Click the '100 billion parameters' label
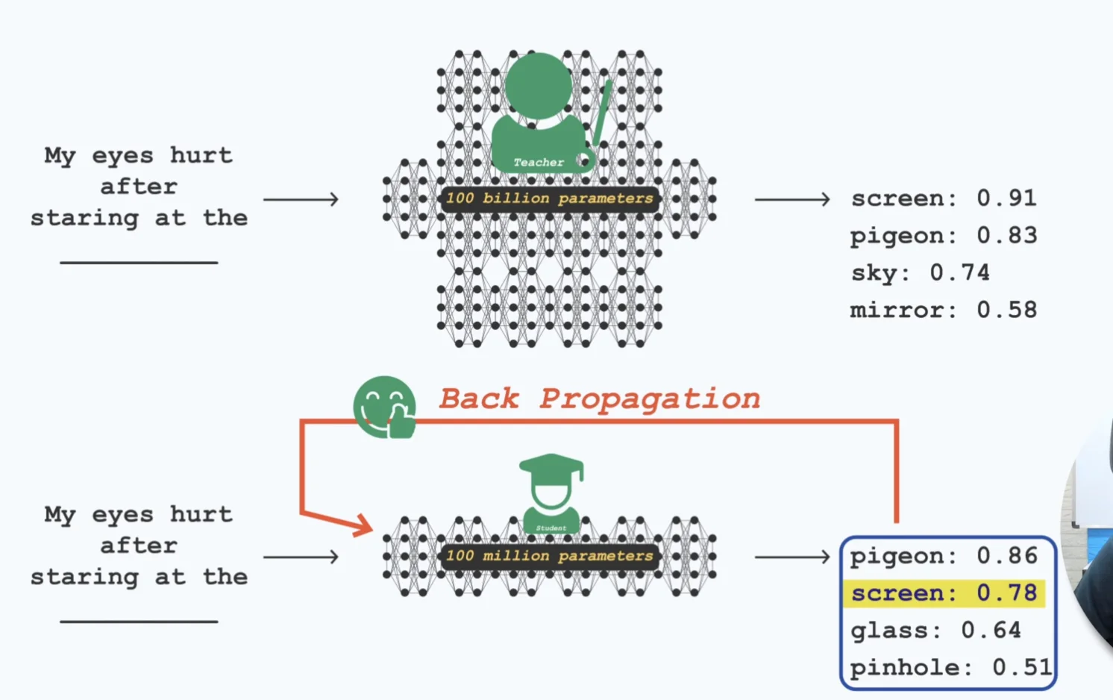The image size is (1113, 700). (550, 199)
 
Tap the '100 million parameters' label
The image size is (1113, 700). (550, 556)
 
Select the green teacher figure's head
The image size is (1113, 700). (538, 84)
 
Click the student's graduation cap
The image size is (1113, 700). (551, 467)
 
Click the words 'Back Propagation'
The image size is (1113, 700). (599, 399)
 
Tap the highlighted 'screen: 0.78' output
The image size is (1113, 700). (944, 593)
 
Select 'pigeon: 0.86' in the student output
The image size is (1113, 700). (944, 556)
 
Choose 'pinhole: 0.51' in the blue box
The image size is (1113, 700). (950, 667)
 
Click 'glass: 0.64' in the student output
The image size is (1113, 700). (935, 631)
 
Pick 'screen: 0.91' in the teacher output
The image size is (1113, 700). (944, 199)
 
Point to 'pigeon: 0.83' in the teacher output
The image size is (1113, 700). (944, 236)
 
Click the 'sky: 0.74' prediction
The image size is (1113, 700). (921, 273)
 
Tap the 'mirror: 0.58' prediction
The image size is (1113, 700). (944, 310)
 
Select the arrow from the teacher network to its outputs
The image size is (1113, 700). (791, 199)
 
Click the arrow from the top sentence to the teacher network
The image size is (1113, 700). (301, 199)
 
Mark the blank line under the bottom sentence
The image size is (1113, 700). (139, 621)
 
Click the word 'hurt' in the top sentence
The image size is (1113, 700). (201, 155)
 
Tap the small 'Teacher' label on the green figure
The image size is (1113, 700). (539, 162)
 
